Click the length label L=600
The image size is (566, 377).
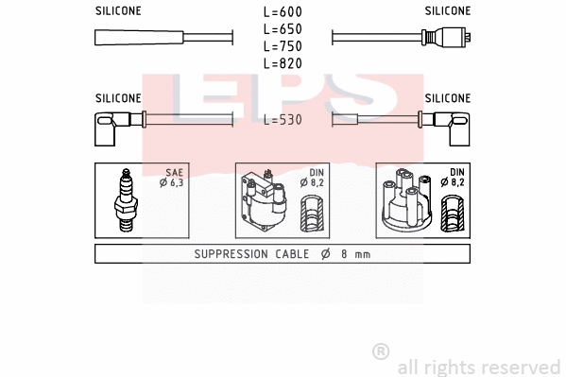coord(282,12)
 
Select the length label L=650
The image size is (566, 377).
coord(282,29)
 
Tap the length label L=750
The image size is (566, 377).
coord(282,46)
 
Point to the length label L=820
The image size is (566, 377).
coord(282,63)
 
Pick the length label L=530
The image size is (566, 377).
coord(282,120)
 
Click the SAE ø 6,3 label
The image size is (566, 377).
coord(171,178)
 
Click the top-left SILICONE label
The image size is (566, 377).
coord(118,11)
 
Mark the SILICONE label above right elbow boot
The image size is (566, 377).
coord(447,97)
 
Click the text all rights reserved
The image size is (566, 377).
coord(478,367)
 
